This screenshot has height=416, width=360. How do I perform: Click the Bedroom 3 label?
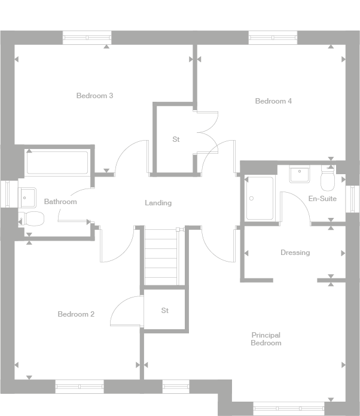tap(94, 96)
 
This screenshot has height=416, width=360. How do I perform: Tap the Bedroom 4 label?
tap(273, 101)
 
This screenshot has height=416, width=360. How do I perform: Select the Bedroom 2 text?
tap(76, 314)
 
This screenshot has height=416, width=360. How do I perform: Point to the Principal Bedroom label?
tap(266, 339)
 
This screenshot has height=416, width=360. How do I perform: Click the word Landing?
tap(158, 203)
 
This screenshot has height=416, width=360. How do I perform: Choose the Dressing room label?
tap(295, 253)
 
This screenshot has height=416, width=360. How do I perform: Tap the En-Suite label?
tap(322, 199)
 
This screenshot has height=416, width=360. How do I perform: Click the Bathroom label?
tap(60, 202)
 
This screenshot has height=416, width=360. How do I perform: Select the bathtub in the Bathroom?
tap(57, 162)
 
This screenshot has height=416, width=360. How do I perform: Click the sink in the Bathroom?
tap(27, 195)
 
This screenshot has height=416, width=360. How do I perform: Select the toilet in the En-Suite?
tap(328, 177)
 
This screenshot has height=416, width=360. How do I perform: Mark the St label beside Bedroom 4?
tap(176, 139)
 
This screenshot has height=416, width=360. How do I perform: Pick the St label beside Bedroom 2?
tap(165, 311)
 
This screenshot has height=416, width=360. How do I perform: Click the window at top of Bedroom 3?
tap(87, 38)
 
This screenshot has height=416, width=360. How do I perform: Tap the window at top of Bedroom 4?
tap(273, 38)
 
